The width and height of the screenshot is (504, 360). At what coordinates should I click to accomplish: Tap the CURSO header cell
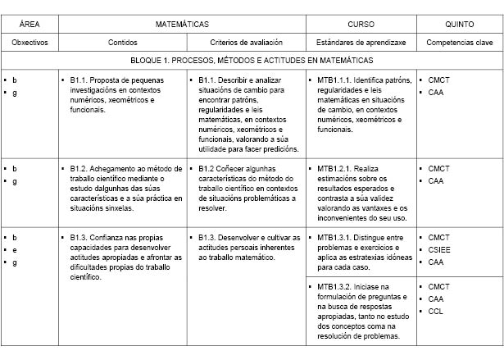click(361, 25)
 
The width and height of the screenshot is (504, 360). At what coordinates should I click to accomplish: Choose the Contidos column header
click(122, 42)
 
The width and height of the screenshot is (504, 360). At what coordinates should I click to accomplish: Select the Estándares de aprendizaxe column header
click(361, 42)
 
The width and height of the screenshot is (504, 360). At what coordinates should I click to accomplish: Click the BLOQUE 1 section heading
click(252, 61)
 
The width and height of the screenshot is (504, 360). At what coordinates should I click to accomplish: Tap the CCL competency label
click(437, 311)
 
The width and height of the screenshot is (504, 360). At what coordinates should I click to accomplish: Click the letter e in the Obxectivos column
click(15, 249)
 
